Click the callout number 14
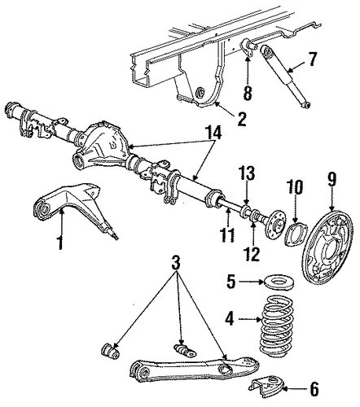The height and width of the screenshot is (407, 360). [213, 133]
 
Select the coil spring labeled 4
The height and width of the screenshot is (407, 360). [274, 326]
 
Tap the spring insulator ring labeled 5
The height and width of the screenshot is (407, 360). [279, 282]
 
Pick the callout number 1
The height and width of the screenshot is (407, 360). [60, 243]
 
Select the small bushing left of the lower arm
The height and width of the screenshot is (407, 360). [110, 351]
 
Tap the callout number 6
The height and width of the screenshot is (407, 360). [314, 390]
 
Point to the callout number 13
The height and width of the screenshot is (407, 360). [247, 173]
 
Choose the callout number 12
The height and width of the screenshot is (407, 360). [252, 254]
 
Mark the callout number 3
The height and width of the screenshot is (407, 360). [176, 262]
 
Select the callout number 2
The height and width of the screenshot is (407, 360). [241, 120]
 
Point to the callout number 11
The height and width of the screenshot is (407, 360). [227, 235]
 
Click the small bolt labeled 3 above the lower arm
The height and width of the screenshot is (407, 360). [185, 350]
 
